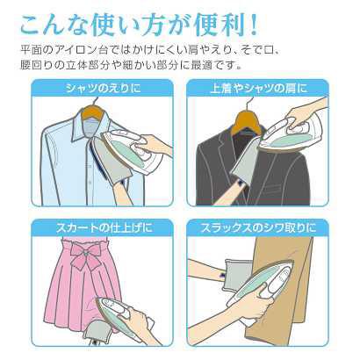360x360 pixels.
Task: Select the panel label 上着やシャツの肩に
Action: click(x=256, y=88)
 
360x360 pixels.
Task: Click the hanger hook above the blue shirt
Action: click(x=88, y=111)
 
